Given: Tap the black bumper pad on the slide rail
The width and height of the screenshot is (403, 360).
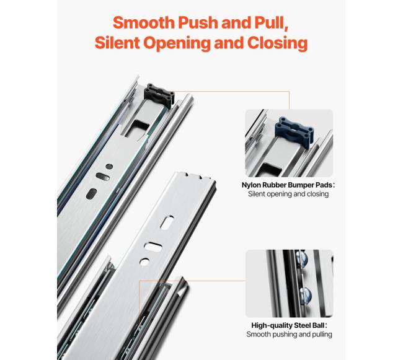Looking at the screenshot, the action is [x=159, y=95].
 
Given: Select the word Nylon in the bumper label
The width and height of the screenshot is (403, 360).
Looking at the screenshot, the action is [x=251, y=185].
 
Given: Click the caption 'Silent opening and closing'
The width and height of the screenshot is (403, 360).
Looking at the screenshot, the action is [x=288, y=194].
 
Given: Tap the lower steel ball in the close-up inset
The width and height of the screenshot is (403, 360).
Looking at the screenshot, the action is [x=305, y=296].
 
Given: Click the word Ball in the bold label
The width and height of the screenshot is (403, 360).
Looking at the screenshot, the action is [x=319, y=325].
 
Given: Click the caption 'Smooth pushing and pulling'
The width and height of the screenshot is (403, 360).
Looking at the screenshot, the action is [x=289, y=335].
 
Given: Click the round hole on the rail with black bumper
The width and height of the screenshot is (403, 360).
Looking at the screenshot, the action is [x=109, y=167].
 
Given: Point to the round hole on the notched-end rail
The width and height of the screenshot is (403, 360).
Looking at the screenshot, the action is [x=144, y=261].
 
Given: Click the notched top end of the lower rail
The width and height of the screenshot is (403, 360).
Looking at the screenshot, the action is [x=195, y=177].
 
